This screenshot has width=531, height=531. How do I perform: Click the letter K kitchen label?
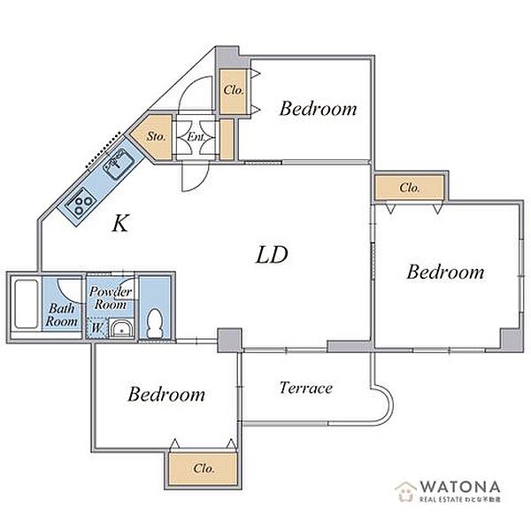(x=120, y=223)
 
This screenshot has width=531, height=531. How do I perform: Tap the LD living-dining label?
(x=272, y=255)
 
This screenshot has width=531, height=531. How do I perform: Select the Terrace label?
(x=306, y=388)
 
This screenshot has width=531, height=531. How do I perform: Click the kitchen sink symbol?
(x=119, y=165)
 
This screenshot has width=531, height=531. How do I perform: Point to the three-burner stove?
(x=81, y=202)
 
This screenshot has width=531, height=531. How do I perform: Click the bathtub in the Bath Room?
(x=26, y=304)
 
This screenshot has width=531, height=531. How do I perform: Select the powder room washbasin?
(x=121, y=328)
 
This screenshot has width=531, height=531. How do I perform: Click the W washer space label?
(x=96, y=327)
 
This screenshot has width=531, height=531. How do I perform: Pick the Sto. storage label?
(x=156, y=136)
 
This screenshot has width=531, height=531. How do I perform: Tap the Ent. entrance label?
(x=196, y=137)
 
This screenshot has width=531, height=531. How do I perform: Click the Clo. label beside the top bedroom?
(x=234, y=90)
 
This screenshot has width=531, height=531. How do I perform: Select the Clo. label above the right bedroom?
(x=410, y=188)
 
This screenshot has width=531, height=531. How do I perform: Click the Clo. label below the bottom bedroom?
(x=204, y=468)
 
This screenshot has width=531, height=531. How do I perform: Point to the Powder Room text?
(x=111, y=297)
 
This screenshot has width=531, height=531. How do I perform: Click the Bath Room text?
(x=62, y=314)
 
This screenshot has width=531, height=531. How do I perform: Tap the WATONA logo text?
(x=460, y=487)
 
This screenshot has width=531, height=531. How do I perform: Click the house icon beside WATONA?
(x=406, y=491)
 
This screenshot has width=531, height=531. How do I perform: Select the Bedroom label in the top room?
(x=318, y=108)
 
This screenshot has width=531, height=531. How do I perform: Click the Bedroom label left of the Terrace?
(x=166, y=394)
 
